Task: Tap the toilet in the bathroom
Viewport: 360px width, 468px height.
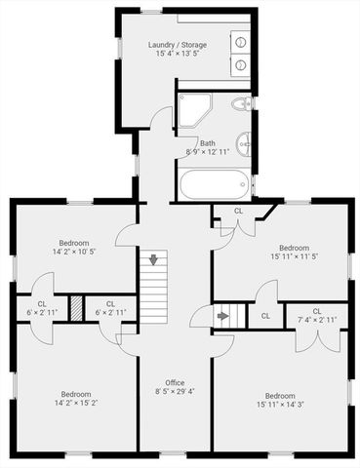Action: [x=241, y=104]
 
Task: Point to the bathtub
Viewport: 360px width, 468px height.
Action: [x=215, y=182]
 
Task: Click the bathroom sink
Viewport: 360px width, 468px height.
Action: [x=245, y=145]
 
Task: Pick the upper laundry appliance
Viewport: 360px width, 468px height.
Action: [x=239, y=43]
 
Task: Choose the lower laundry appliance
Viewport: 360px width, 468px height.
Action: [x=239, y=64]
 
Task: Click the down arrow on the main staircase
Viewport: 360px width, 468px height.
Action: [x=153, y=261]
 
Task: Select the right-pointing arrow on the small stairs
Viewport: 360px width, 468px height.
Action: [x=222, y=315]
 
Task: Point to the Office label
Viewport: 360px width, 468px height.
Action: [x=175, y=382]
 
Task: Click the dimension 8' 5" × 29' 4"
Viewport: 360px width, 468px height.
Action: [x=175, y=392]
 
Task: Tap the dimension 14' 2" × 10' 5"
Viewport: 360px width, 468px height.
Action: [x=74, y=253]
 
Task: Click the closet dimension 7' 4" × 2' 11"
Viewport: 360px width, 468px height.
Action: [x=317, y=319]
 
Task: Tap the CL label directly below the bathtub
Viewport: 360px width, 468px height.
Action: [x=238, y=211]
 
